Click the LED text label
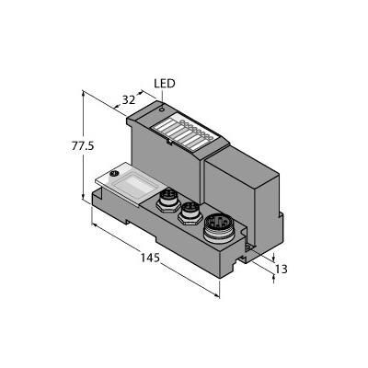pos(164,84)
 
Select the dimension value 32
pos(129,100)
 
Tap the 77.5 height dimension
pos(83,146)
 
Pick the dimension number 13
pos(282,270)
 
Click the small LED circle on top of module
pos(162,109)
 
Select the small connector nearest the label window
pos(167,201)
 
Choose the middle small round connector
pos(190,213)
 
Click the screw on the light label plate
pos(115,174)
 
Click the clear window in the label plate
pos(133,186)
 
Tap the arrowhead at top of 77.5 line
pos(83,93)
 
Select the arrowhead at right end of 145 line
pos(217,295)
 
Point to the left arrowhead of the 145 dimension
pos(95,225)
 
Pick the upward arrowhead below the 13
pos(273,278)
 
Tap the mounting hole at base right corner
pos(247,247)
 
